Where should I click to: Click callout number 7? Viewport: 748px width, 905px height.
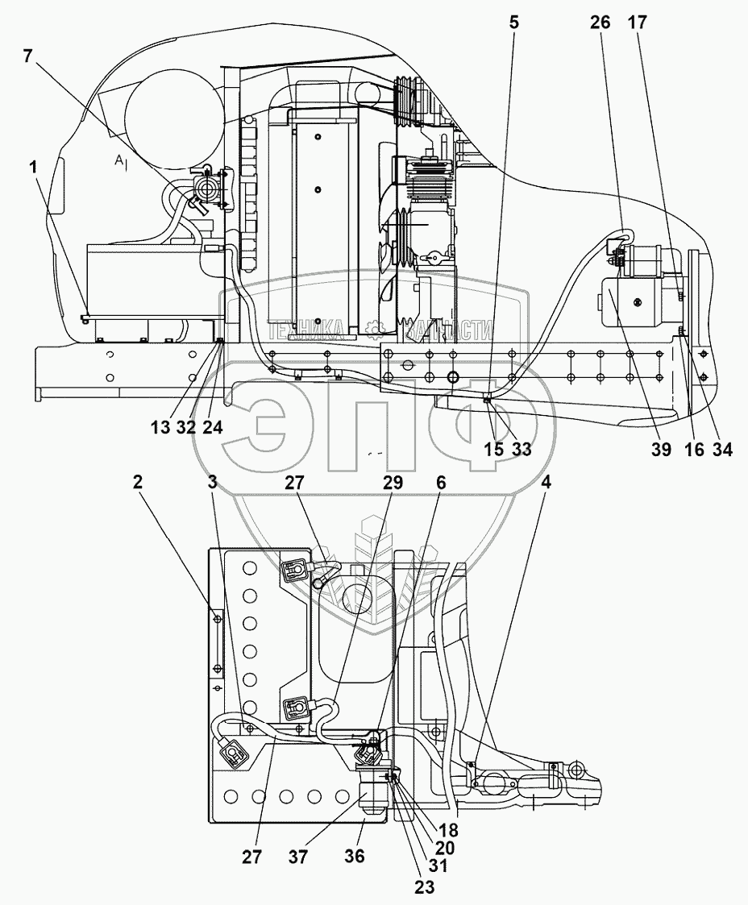click(27, 56)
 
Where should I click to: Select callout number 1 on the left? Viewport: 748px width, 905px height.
click(34, 168)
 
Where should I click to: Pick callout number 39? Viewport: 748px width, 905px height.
click(662, 449)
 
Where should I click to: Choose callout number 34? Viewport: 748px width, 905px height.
click(722, 449)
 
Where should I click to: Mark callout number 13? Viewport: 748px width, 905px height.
click(160, 428)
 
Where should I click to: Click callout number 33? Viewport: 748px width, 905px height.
click(521, 449)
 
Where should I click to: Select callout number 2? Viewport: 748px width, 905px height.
click(137, 482)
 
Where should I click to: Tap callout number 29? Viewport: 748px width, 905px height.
click(393, 482)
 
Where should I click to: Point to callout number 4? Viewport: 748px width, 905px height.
click(546, 482)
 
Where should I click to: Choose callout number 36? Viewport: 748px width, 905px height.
click(355, 856)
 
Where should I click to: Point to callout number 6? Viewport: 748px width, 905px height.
click(441, 482)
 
